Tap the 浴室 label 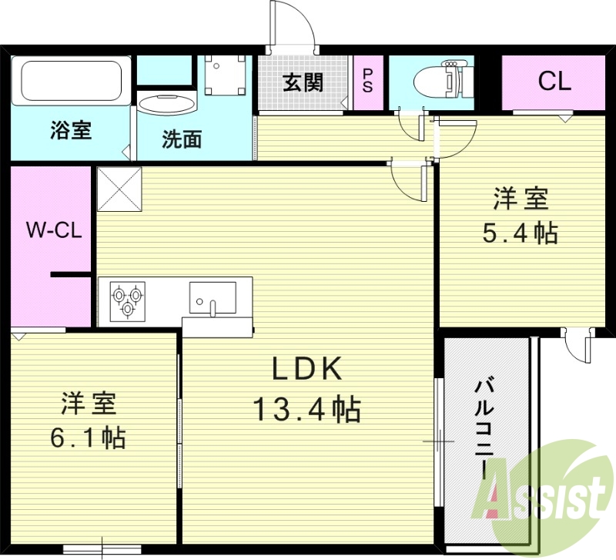(x=72, y=130)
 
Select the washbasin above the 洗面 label (x=167, y=106)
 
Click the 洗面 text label (x=182, y=139)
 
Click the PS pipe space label (x=368, y=81)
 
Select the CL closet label (x=554, y=82)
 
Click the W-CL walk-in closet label (x=50, y=229)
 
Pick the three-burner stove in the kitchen (x=128, y=300)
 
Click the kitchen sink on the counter (x=213, y=297)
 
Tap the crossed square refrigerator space (x=119, y=189)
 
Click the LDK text (x=306, y=371)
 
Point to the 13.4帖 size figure (x=306, y=410)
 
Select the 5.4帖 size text (x=520, y=233)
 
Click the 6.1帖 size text (x=89, y=438)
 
